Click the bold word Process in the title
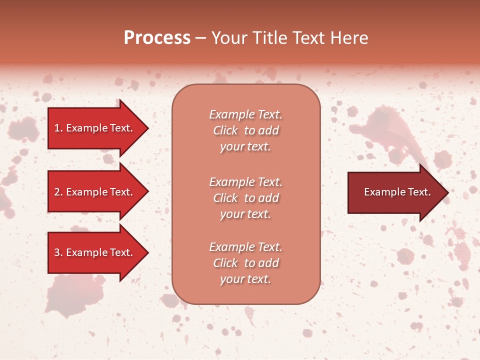tap(157, 38)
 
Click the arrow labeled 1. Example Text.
tap(95, 128)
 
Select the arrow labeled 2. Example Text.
tap(95, 192)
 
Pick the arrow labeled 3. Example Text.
tap(95, 252)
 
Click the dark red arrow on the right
tap(395, 192)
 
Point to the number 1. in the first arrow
tap(58, 128)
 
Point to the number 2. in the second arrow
tap(58, 192)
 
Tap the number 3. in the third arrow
tap(58, 252)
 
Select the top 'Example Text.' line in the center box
tap(245, 114)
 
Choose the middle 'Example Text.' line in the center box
tap(245, 181)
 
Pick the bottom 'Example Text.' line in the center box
tap(245, 247)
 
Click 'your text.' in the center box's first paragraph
tap(245, 147)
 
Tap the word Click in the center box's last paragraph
tap(225, 263)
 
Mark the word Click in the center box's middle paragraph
tap(225, 198)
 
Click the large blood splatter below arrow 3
tap(67, 297)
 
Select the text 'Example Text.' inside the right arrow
tap(397, 192)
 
